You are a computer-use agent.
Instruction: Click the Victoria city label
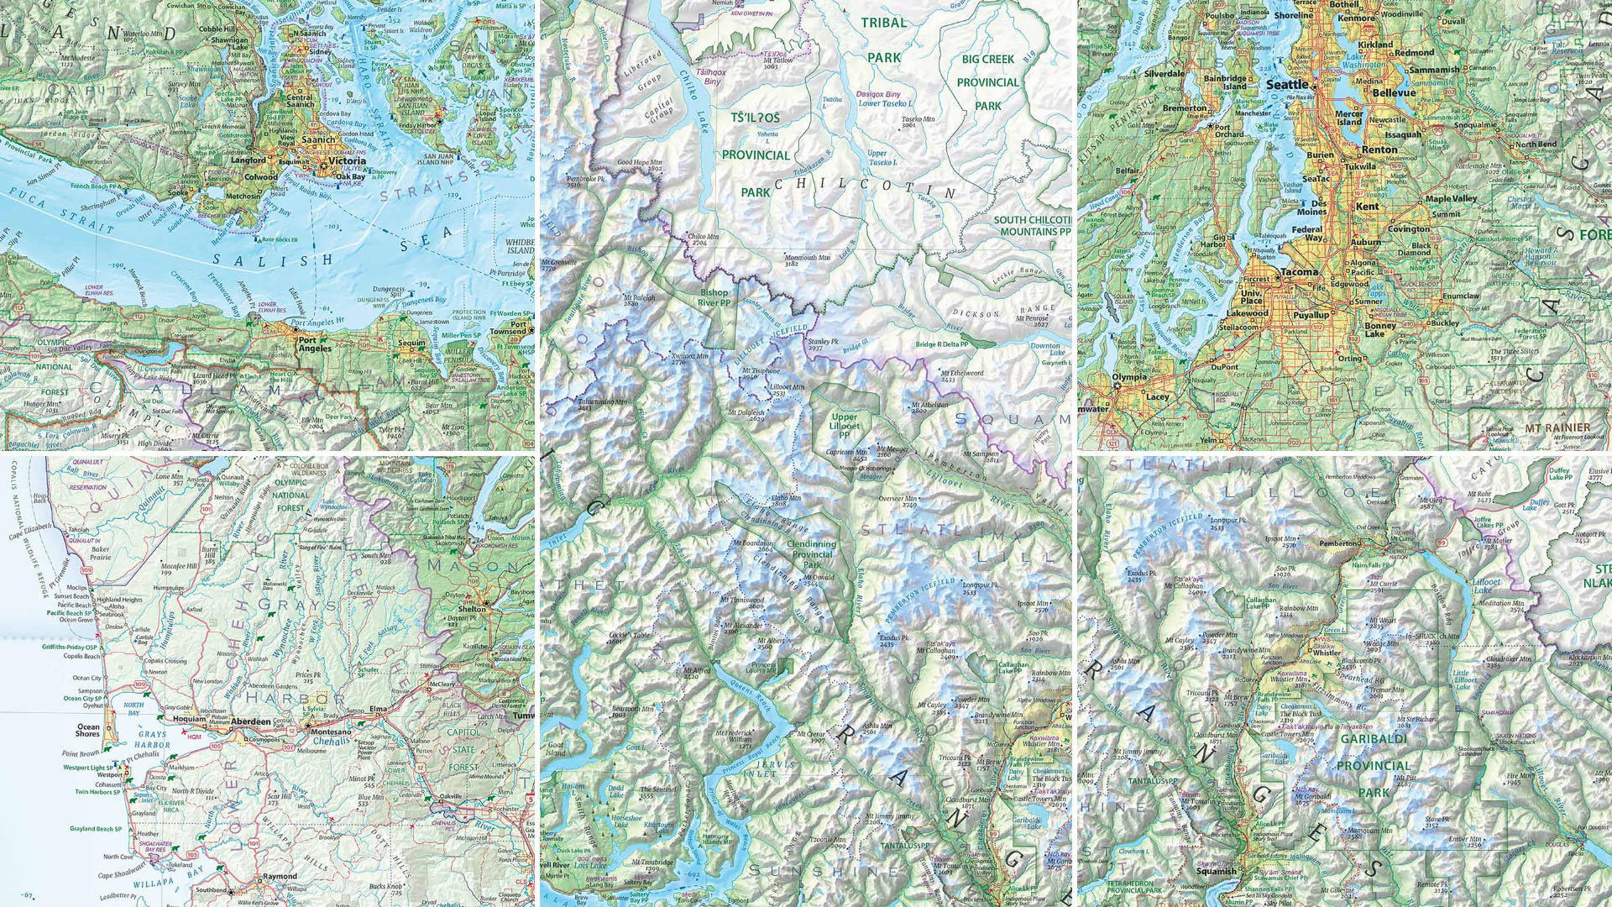[347, 160]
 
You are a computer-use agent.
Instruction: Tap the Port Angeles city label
[315, 343]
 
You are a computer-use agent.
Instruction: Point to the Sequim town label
[412, 343]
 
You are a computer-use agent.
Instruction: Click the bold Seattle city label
[1287, 85]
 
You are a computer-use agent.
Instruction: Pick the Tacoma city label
[1299, 272]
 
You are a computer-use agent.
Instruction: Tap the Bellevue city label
[1394, 92]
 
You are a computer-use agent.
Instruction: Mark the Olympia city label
[1129, 377]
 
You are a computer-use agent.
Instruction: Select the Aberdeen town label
[251, 721]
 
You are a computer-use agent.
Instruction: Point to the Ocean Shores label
[88, 731]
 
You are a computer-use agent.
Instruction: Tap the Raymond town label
[280, 876]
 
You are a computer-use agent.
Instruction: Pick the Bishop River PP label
[714, 297]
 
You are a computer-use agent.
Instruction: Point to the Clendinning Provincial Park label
[812, 554]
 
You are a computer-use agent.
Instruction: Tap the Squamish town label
[1216, 871]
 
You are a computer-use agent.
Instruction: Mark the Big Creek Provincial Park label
[987, 82]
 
